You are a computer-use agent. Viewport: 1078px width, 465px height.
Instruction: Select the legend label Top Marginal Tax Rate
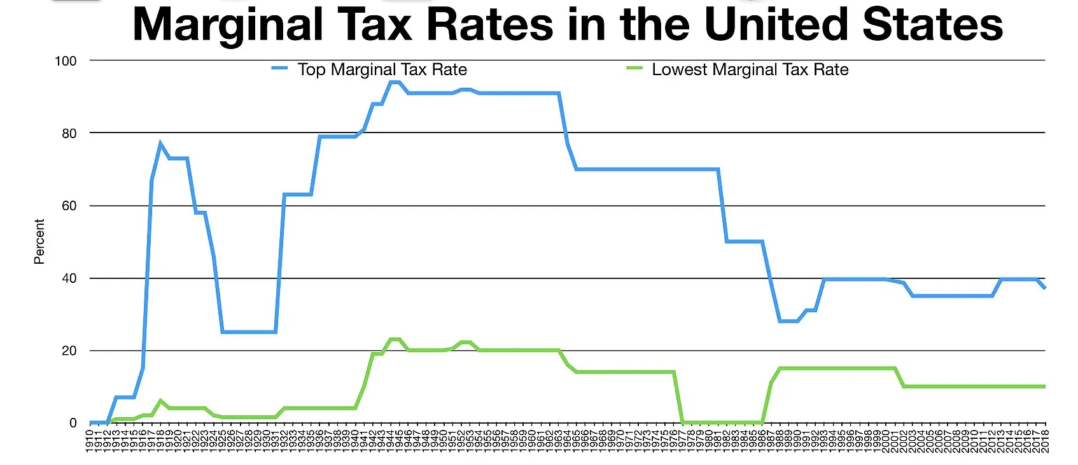click(382, 69)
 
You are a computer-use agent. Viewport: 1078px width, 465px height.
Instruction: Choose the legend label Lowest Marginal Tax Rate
click(750, 69)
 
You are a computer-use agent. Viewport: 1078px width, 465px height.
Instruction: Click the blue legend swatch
click(279, 68)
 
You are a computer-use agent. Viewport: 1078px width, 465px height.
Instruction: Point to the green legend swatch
click(634, 68)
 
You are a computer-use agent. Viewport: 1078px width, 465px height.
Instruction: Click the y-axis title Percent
click(39, 241)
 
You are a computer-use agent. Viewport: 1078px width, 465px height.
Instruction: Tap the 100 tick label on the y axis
click(66, 61)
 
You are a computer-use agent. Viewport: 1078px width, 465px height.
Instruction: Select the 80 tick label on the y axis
click(69, 134)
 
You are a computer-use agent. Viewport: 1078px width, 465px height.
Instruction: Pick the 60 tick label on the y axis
click(69, 206)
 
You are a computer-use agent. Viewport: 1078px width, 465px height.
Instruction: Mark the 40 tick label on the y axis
click(69, 278)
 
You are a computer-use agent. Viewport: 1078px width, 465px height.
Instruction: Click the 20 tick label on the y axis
click(69, 351)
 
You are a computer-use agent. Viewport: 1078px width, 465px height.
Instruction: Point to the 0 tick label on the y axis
click(73, 423)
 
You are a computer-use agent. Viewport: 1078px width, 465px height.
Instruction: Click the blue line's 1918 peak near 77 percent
click(160, 143)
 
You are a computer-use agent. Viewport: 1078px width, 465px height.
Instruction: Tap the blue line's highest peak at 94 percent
click(395, 82)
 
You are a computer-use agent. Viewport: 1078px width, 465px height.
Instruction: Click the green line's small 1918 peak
click(160, 401)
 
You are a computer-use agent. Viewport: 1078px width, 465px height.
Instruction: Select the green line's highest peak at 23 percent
click(395, 339)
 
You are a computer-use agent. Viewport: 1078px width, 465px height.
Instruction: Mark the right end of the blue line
click(1044, 288)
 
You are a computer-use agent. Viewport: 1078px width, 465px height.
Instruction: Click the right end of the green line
click(1044, 387)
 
